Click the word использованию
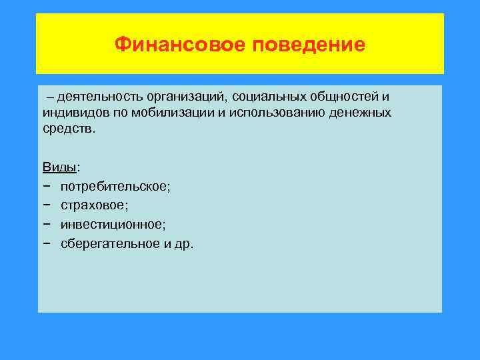[x=273, y=112]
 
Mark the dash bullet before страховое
[x=46, y=205]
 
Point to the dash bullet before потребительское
[x=46, y=186]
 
